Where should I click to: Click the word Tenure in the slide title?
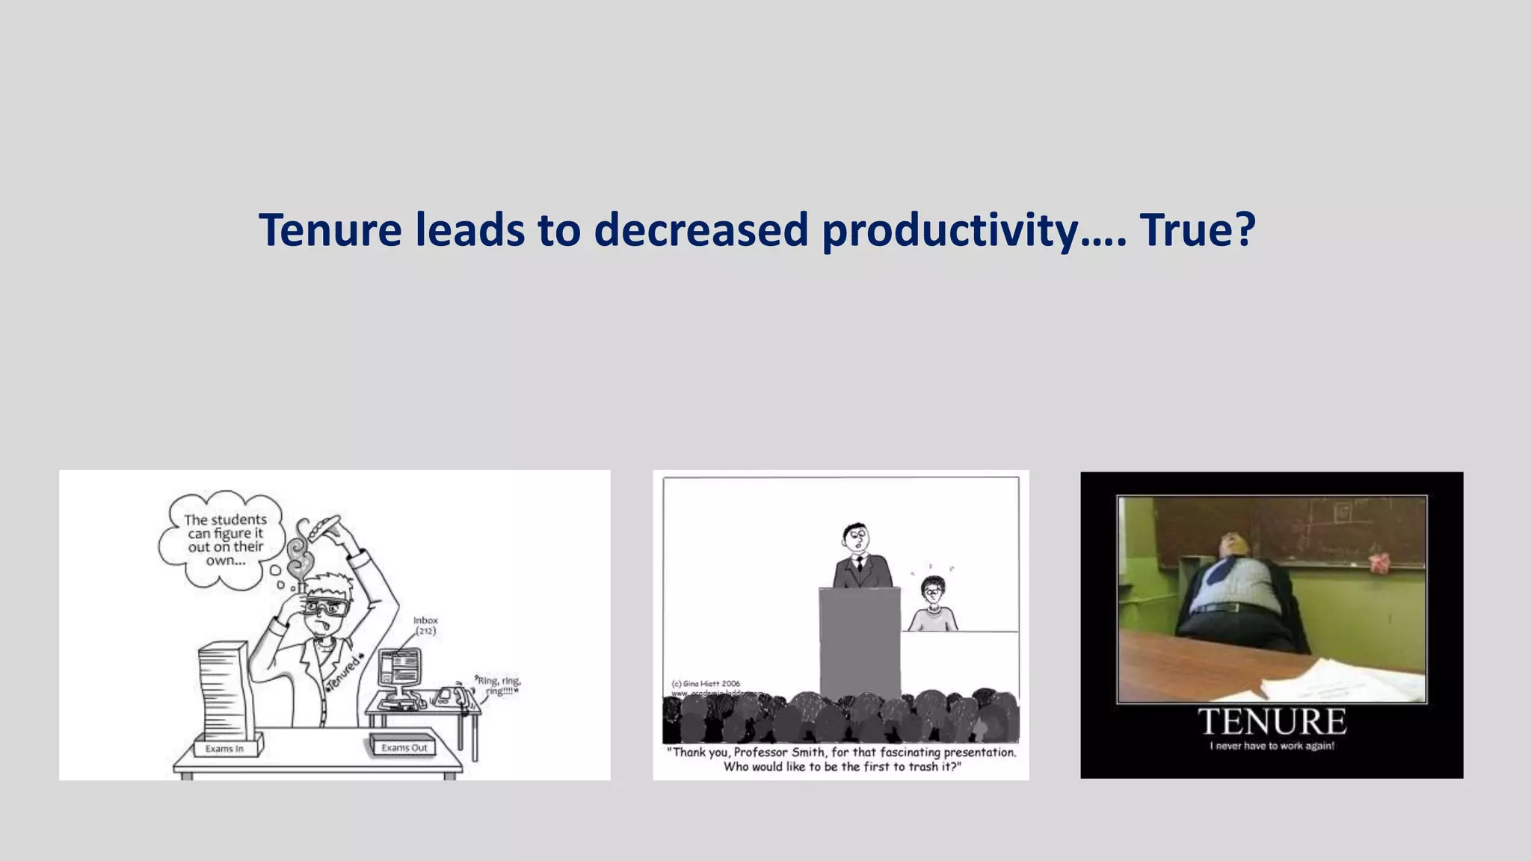pyautogui.click(x=330, y=229)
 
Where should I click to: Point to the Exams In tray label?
pyautogui.click(x=224, y=748)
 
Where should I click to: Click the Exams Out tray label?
pyautogui.click(x=404, y=747)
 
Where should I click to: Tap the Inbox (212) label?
pyautogui.click(x=425, y=626)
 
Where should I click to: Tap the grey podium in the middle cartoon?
pyautogui.click(x=860, y=643)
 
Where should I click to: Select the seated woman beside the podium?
pyautogui.click(x=932, y=605)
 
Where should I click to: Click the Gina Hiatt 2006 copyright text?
pyautogui.click(x=706, y=683)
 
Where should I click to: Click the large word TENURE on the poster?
pyautogui.click(x=1272, y=722)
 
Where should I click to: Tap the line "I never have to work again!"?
pyautogui.click(x=1272, y=746)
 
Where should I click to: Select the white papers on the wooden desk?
pyautogui.click(x=1338, y=680)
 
